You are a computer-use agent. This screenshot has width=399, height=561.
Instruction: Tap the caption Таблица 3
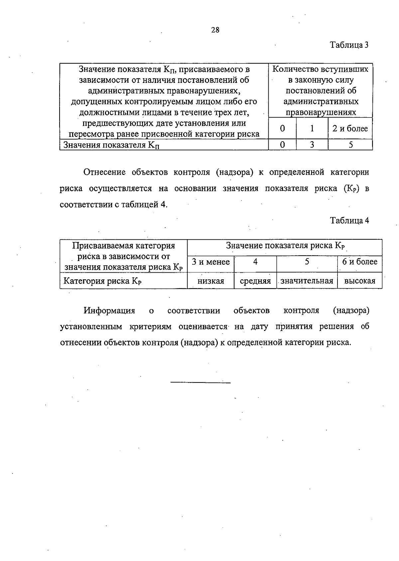pyautogui.click(x=349, y=45)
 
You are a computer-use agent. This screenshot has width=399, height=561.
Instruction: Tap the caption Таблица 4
pyautogui.click(x=349, y=221)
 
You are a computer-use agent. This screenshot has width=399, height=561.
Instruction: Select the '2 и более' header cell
pyautogui.click(x=350, y=129)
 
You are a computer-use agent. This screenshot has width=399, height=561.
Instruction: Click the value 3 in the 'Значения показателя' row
pyautogui.click(x=312, y=145)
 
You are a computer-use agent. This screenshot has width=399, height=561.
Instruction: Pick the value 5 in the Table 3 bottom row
pyautogui.click(x=350, y=145)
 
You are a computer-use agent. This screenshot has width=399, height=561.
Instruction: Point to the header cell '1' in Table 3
pyautogui.click(x=312, y=129)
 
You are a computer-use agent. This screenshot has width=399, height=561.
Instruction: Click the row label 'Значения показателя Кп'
pyautogui.click(x=111, y=145)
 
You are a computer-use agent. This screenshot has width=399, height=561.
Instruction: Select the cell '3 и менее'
pyautogui.click(x=211, y=262)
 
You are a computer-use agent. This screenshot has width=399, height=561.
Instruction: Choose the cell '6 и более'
pyautogui.click(x=360, y=262)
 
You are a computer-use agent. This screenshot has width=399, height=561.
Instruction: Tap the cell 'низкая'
pyautogui.click(x=211, y=281)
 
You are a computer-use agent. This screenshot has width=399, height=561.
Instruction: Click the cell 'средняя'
pyautogui.click(x=255, y=281)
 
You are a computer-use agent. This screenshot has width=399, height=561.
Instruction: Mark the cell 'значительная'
pyautogui.click(x=307, y=281)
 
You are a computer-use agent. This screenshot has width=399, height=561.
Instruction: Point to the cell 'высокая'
pyautogui.click(x=360, y=281)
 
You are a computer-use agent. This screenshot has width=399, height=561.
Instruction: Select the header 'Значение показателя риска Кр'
pyautogui.click(x=285, y=246)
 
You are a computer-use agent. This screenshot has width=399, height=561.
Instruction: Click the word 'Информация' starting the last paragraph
pyautogui.click(x=109, y=311)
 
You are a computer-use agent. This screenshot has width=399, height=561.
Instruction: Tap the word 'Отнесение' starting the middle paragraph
pyautogui.click(x=104, y=172)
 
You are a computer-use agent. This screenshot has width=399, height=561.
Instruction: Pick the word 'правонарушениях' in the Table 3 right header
pyautogui.click(x=321, y=113)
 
